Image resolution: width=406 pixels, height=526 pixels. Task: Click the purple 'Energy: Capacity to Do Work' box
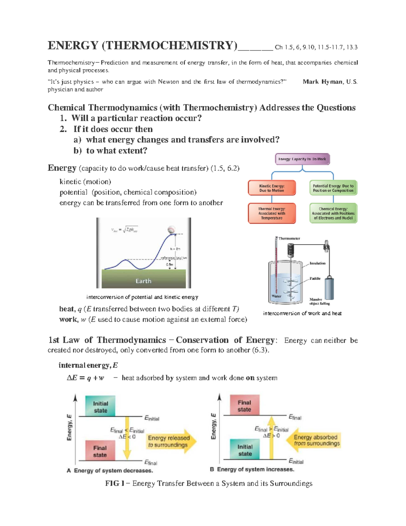(302, 159)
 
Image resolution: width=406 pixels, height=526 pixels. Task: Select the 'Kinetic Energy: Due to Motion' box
(272, 188)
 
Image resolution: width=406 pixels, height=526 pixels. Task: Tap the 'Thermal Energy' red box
(272, 213)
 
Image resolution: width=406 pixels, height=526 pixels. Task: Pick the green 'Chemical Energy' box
(333, 213)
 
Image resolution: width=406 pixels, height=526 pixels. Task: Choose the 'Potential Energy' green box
(333, 188)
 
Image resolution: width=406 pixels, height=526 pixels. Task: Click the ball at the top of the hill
(172, 230)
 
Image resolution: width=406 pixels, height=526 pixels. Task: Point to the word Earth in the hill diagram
(143, 281)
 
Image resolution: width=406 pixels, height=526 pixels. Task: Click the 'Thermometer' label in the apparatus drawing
(289, 238)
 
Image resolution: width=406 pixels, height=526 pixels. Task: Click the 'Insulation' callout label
(317, 263)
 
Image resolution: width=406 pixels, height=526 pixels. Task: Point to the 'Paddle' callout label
(315, 278)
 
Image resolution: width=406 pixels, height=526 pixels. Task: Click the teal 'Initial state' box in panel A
(100, 406)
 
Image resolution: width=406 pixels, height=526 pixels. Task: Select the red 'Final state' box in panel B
(244, 405)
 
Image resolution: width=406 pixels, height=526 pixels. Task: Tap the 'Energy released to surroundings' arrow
(171, 441)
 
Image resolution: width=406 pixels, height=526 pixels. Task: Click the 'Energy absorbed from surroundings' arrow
(314, 440)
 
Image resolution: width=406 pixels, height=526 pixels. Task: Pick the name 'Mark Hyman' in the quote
(322, 82)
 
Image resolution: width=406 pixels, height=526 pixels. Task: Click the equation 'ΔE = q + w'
(85, 378)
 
